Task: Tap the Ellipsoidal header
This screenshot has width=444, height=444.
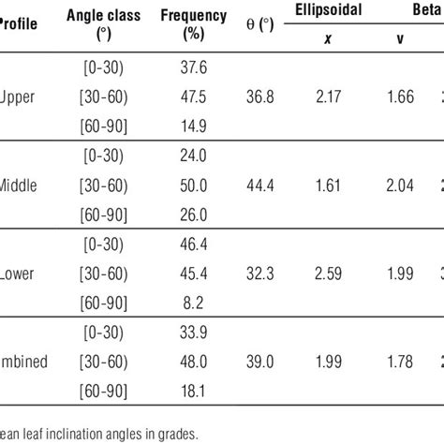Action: tap(331, 12)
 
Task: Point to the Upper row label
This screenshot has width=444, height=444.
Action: tap(20, 98)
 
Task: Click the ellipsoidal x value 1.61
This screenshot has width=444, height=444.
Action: tap(331, 187)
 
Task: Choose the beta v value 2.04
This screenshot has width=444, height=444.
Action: tap(403, 187)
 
